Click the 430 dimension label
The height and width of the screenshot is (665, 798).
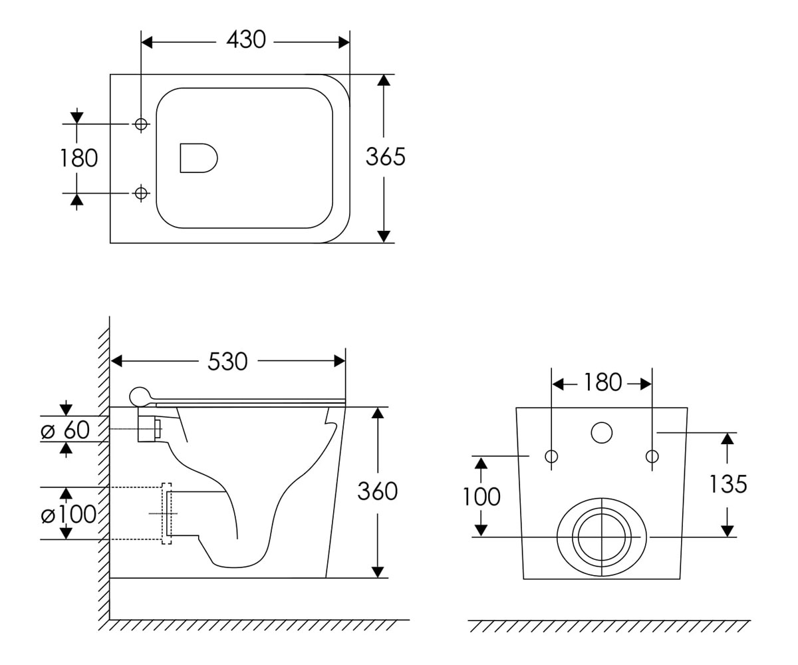point(246,40)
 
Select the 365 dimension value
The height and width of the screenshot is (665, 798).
point(385,157)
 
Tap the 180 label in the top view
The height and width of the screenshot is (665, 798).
point(79,158)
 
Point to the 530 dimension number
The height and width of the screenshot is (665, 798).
point(227,362)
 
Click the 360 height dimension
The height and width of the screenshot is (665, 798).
point(378,491)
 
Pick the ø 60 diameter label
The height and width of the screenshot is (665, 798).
point(65,430)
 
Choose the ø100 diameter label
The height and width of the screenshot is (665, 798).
point(68,514)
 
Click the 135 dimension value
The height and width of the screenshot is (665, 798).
point(728,484)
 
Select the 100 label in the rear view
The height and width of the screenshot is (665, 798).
point(481,497)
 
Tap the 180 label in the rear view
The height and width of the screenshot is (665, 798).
point(602,382)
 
